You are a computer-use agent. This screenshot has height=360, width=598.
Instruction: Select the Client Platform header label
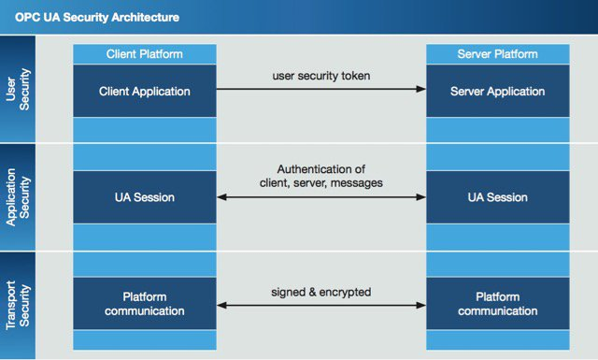tap(144, 54)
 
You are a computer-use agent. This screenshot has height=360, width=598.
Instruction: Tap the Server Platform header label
tap(497, 54)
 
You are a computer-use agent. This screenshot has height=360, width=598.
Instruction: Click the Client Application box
tap(144, 91)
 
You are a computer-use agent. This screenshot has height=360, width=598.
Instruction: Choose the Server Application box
tap(497, 91)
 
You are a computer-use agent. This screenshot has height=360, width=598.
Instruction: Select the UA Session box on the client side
tap(144, 197)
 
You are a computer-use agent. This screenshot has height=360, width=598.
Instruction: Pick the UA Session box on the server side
tap(497, 197)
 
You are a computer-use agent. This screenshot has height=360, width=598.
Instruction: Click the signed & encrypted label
tap(322, 292)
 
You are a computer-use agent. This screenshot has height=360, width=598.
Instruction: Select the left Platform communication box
tap(144, 304)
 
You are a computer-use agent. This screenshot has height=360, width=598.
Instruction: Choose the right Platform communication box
tap(497, 304)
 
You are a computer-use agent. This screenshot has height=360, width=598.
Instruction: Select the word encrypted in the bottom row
tap(346, 292)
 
